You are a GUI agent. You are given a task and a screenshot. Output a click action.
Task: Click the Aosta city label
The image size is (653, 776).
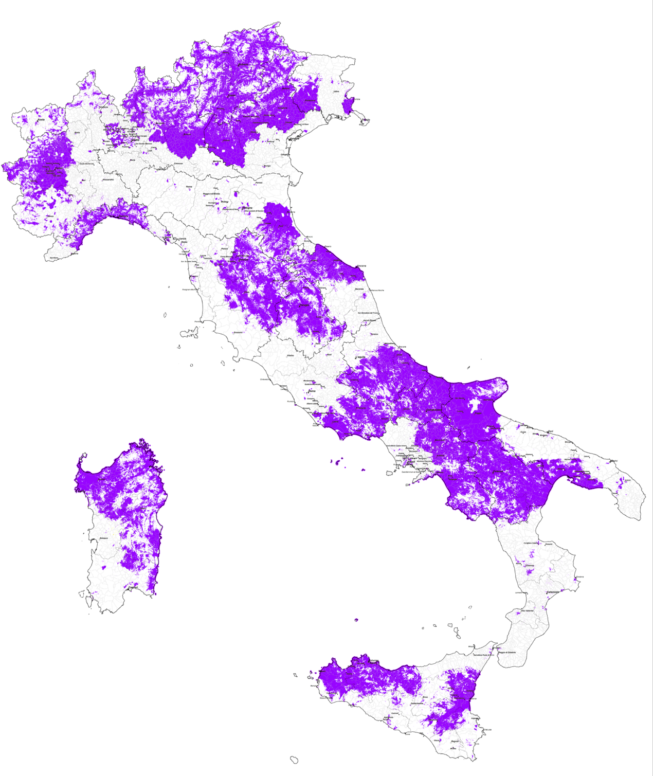(41, 120)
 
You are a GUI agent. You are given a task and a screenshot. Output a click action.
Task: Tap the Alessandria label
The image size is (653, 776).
(108, 179)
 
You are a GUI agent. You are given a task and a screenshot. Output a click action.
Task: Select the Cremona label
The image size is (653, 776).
(178, 164)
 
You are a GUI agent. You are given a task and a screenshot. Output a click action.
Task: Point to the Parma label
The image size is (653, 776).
(189, 187)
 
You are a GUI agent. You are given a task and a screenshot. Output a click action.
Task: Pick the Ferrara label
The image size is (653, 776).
(259, 183)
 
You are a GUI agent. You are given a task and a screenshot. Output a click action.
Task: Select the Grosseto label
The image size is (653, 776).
(238, 333)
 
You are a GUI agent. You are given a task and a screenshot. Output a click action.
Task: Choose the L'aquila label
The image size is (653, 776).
(361, 357)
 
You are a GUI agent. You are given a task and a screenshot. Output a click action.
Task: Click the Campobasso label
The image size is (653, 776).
(434, 410)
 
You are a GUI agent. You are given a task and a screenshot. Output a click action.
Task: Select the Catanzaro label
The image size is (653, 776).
(553, 592)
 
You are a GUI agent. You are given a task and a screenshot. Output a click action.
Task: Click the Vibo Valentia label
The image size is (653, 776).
(527, 610)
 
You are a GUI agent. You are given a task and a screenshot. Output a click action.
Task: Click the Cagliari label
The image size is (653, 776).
(133, 587)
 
